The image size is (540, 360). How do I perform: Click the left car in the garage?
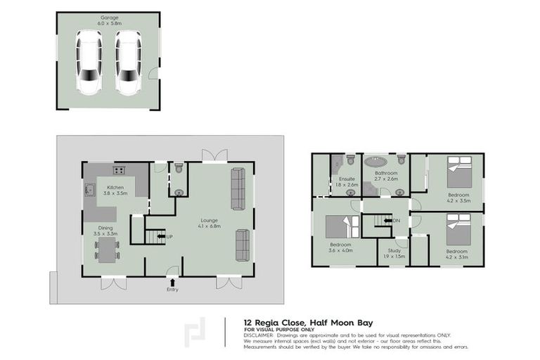pyautogui.click(x=89, y=63)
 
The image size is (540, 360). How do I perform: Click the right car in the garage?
pyautogui.click(x=128, y=63)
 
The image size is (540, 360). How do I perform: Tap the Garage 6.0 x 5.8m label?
pyautogui.click(x=108, y=20)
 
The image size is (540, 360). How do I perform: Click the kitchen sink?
pyautogui.click(x=91, y=189)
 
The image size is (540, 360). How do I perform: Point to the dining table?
pyautogui.click(x=107, y=249)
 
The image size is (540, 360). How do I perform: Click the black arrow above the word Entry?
pyautogui.click(x=172, y=282)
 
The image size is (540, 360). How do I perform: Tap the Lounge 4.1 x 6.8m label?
pyautogui.click(x=210, y=223)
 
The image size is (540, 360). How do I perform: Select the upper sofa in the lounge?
pyautogui.click(x=238, y=188)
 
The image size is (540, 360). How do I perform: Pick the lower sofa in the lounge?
pyautogui.click(x=243, y=245)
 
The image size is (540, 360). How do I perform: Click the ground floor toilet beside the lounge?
pyautogui.click(x=178, y=169)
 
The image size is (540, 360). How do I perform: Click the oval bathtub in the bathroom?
pyautogui.click(x=385, y=160)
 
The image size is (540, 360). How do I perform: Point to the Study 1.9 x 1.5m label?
pyautogui.click(x=392, y=258)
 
